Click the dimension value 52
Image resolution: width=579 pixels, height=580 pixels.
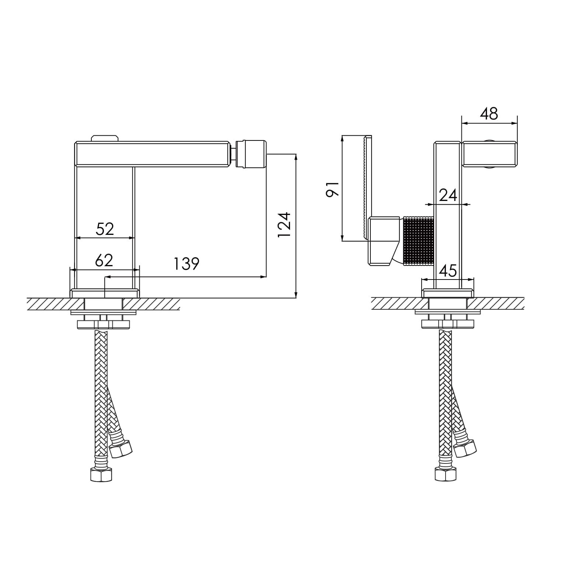click(105, 229)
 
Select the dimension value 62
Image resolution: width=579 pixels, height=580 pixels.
click(104, 260)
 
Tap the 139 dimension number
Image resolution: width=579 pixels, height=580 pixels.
click(186, 264)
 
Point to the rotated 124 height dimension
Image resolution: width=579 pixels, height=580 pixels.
click(284, 225)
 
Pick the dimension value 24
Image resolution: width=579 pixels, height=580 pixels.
click(448, 195)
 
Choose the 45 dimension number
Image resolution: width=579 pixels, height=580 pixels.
click(448, 271)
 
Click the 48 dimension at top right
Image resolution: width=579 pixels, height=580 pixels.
click(489, 114)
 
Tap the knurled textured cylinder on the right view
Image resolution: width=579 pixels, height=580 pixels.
click(419, 241)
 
